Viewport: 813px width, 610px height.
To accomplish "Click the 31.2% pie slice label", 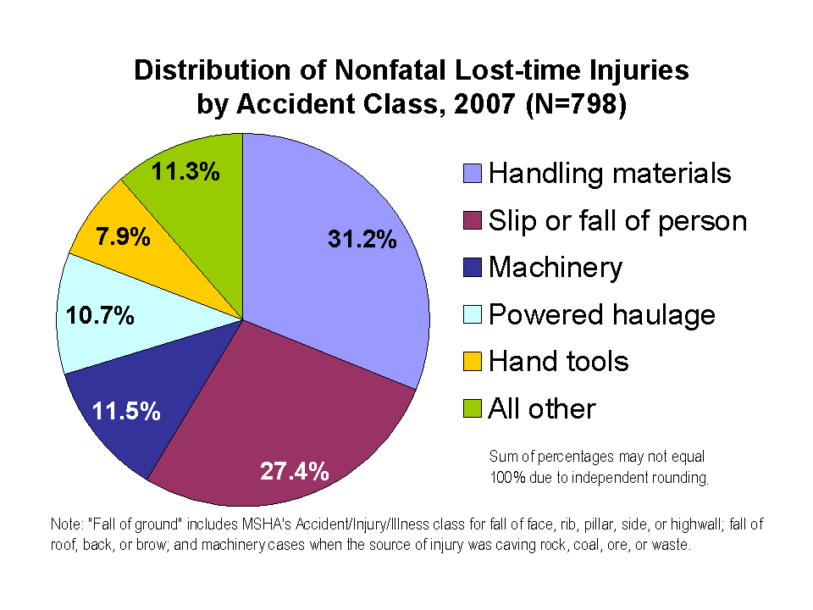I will [x=362, y=240].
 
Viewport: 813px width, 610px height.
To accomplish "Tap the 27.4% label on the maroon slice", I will [x=295, y=472].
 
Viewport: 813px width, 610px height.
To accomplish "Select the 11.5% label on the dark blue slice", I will [x=126, y=412].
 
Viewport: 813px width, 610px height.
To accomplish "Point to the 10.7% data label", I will [x=101, y=317].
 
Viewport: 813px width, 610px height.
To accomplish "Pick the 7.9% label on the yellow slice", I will [x=124, y=236].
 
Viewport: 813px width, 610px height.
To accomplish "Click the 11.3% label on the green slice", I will [x=186, y=172].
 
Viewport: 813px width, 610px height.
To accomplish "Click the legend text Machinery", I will [x=556, y=268].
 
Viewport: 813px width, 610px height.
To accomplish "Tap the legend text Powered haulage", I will [x=602, y=315].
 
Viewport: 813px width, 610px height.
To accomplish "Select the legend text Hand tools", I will [x=559, y=362].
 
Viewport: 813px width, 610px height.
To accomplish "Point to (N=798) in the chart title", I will [x=575, y=105].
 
